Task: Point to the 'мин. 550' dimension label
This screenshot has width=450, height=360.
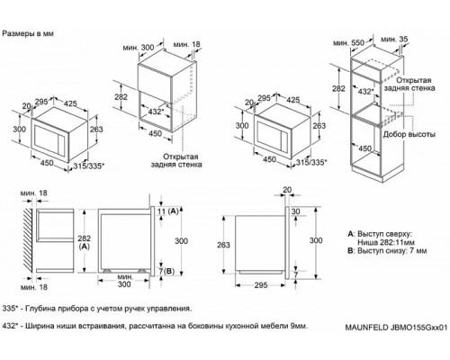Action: pyautogui.click(x=346, y=42)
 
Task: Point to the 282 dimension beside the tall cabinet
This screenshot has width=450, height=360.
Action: pyautogui.click(x=338, y=90)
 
